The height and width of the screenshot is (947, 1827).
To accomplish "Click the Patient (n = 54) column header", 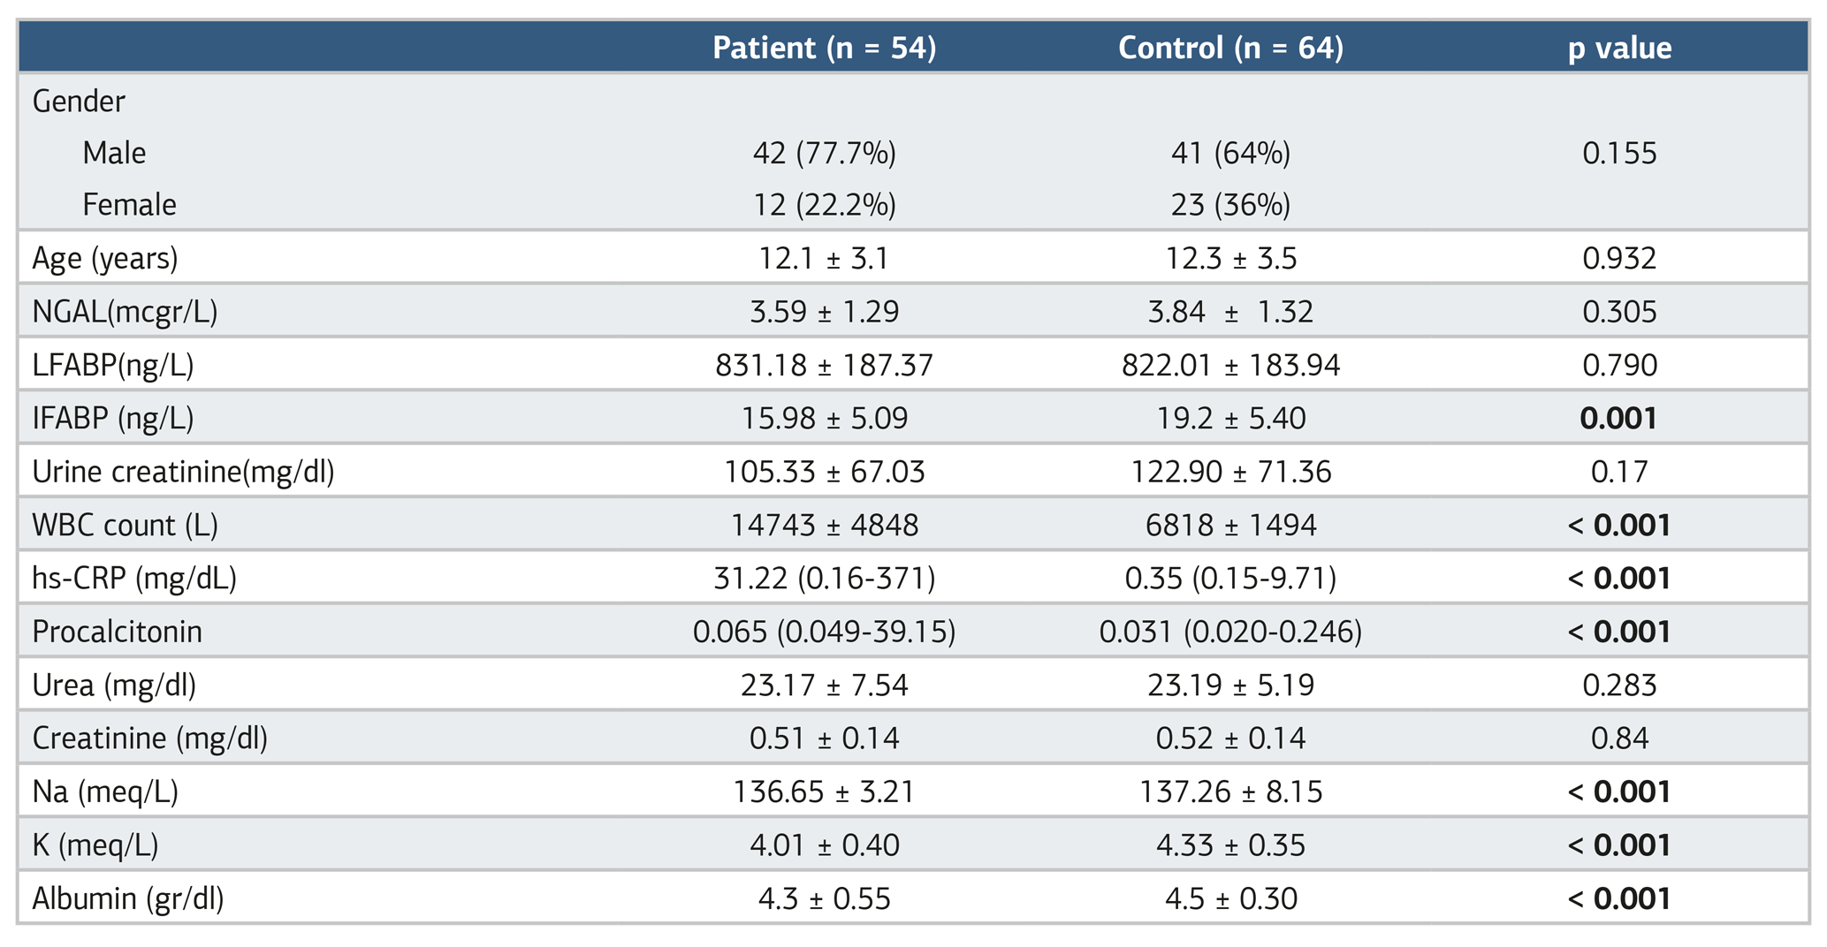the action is pos(824,47).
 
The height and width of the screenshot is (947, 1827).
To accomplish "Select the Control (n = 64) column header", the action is pos(1230,47).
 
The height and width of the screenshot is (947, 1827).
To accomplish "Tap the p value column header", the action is pos(1619,48).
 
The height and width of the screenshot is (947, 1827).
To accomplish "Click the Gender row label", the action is pos(79,102).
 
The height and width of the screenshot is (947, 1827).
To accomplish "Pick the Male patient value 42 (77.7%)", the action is pos(824,153).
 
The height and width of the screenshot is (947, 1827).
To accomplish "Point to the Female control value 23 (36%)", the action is pos(1230,205).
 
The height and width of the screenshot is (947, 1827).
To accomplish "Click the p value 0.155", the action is pos(1619,153).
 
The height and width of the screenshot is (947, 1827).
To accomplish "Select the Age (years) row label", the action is pos(105,259).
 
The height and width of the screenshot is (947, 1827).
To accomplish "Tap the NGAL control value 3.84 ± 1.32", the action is pos(1230,312).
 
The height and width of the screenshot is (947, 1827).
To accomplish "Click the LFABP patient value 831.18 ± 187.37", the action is pos(824,365).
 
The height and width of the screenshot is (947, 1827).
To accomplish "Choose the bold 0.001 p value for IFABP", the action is pos(1618,418).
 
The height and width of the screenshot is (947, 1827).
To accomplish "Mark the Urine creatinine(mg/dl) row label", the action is pos(184,472).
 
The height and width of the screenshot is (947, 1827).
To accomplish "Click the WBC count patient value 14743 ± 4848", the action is pos(824,526).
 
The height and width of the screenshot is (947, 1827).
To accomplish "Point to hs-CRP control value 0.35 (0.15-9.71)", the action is pos(1230,579).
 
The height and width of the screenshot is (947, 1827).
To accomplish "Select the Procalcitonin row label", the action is pos(118,632).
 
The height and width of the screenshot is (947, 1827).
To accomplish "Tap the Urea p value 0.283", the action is pos(1619,685).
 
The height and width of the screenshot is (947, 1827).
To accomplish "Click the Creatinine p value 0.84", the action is pos(1619,738).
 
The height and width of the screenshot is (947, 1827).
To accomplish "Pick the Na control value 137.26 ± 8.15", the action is pos(1230,792).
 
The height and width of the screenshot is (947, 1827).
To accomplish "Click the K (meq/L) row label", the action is pos(95,845).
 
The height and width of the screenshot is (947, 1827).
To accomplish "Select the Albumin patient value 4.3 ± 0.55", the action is pos(824,898).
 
